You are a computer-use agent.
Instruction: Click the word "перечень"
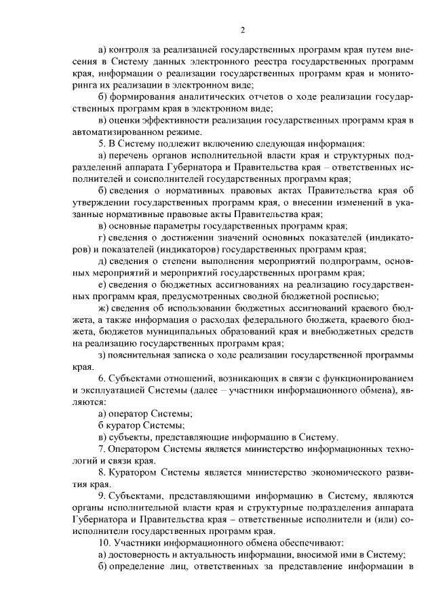[130, 155]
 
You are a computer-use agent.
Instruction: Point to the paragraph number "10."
[104, 542]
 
